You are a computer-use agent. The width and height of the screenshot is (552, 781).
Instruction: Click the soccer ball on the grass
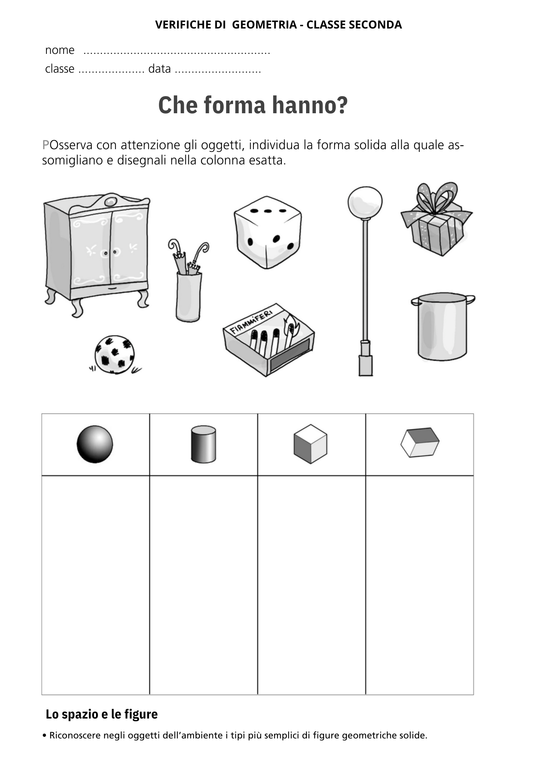click(x=114, y=354)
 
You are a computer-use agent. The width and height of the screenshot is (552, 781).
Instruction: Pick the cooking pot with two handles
click(x=442, y=327)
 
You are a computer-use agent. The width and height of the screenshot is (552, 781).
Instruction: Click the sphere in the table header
click(x=95, y=444)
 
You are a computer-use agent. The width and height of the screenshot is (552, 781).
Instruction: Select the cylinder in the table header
click(x=203, y=444)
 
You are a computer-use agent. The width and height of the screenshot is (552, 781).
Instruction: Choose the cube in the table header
click(x=310, y=444)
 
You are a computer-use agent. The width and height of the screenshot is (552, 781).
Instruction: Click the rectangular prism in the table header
click(x=420, y=442)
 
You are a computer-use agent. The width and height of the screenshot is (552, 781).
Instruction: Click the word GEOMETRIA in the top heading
click(x=264, y=25)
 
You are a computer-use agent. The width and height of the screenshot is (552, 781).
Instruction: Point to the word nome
click(x=60, y=50)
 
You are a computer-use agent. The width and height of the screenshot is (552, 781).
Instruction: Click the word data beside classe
click(x=159, y=69)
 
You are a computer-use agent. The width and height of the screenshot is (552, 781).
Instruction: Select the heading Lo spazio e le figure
click(x=101, y=714)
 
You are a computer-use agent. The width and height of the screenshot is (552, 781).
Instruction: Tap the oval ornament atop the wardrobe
click(x=111, y=201)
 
